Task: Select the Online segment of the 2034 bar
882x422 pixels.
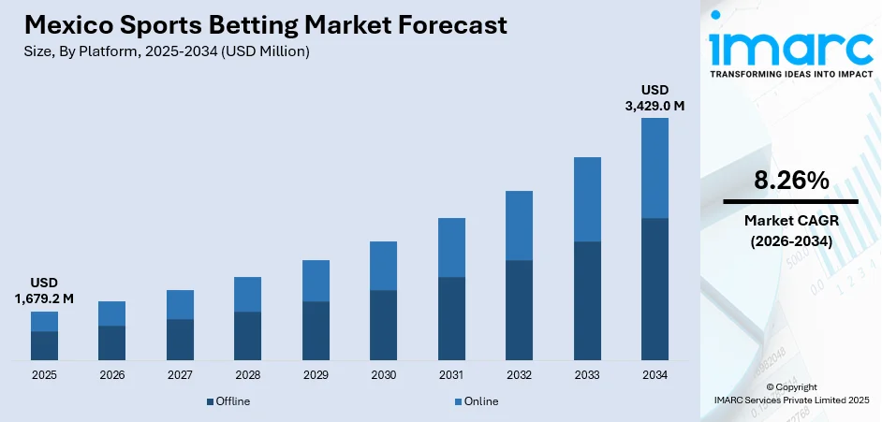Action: pos(654,167)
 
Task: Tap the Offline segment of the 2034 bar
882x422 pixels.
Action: pos(654,289)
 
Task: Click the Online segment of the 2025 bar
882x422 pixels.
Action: pos(44,321)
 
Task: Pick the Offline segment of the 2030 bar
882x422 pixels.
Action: pos(383,325)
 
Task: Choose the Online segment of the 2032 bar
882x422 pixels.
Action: pos(519,226)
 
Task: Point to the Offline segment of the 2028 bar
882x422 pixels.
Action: pos(247,336)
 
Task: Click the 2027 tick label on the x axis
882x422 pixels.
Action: pos(180,374)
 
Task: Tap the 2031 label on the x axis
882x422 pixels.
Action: pos(451,374)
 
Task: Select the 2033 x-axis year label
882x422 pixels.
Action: pos(587,374)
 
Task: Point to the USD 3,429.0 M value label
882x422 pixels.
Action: pos(654,98)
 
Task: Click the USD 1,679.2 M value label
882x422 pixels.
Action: pos(44,291)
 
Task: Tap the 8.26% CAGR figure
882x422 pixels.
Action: pos(790,181)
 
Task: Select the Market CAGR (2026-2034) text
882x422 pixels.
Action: pos(790,230)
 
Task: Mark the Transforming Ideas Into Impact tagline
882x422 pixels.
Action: pos(790,72)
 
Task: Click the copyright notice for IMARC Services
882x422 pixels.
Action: pos(790,393)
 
